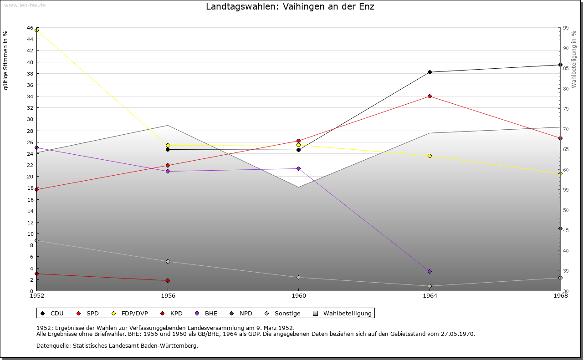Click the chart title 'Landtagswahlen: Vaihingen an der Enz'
point(290,7)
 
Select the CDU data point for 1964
point(430,72)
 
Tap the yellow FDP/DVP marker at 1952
point(37,30)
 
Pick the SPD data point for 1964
point(430,96)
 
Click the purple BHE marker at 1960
point(298,168)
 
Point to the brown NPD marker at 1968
point(560,228)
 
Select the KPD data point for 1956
point(168,280)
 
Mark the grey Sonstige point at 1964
point(430,286)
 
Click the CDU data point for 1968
point(560,65)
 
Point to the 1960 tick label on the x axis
point(298,296)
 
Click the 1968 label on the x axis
point(560,296)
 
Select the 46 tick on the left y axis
point(30,28)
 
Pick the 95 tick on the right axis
point(565,28)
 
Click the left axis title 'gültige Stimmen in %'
point(6,60)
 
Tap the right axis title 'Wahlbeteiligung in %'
point(574,59)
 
